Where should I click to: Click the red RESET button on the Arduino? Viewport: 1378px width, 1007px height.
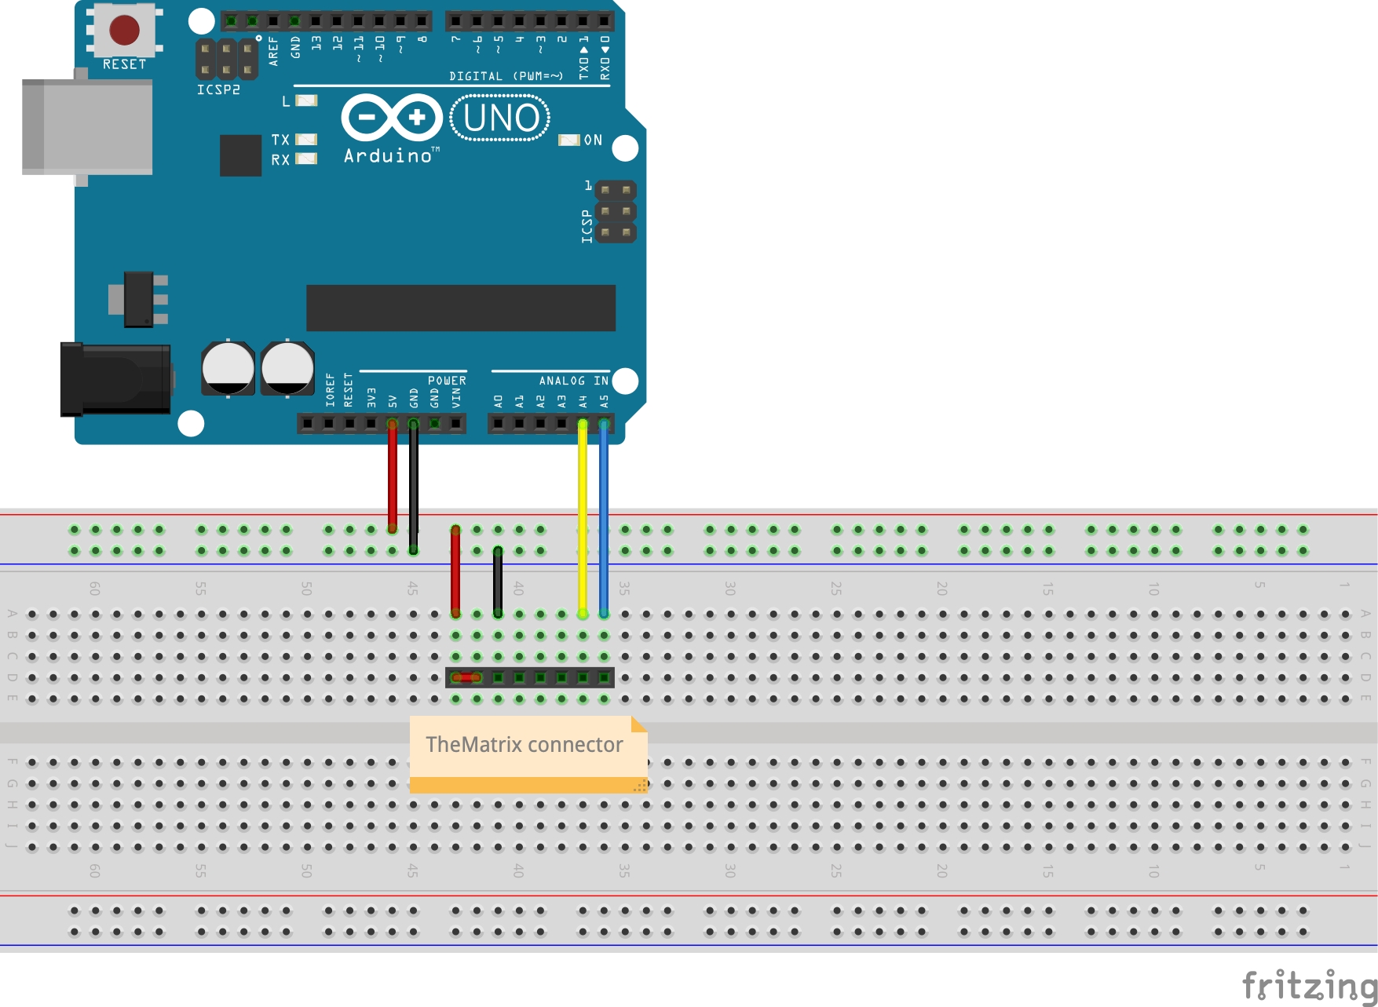124,30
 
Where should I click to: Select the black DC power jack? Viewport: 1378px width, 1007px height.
115,379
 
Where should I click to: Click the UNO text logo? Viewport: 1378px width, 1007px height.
500,118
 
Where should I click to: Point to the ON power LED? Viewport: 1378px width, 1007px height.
568,140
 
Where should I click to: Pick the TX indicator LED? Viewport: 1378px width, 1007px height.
306,140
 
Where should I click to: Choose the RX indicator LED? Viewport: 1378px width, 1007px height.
306,159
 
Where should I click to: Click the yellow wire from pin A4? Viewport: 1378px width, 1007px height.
583,518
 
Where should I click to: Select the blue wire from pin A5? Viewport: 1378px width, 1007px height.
604,518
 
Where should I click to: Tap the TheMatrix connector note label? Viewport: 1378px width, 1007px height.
525,745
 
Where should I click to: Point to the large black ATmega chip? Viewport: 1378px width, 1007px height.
461,308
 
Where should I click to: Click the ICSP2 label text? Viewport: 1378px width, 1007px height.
218,90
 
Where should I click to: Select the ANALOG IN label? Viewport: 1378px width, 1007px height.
573,381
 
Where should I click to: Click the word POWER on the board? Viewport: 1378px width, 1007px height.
447,381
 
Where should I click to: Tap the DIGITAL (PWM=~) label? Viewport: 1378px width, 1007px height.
506,76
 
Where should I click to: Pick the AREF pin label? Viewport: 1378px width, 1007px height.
273,51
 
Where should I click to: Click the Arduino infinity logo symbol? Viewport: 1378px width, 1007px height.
392,118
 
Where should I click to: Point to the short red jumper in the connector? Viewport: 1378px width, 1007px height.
466,677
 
